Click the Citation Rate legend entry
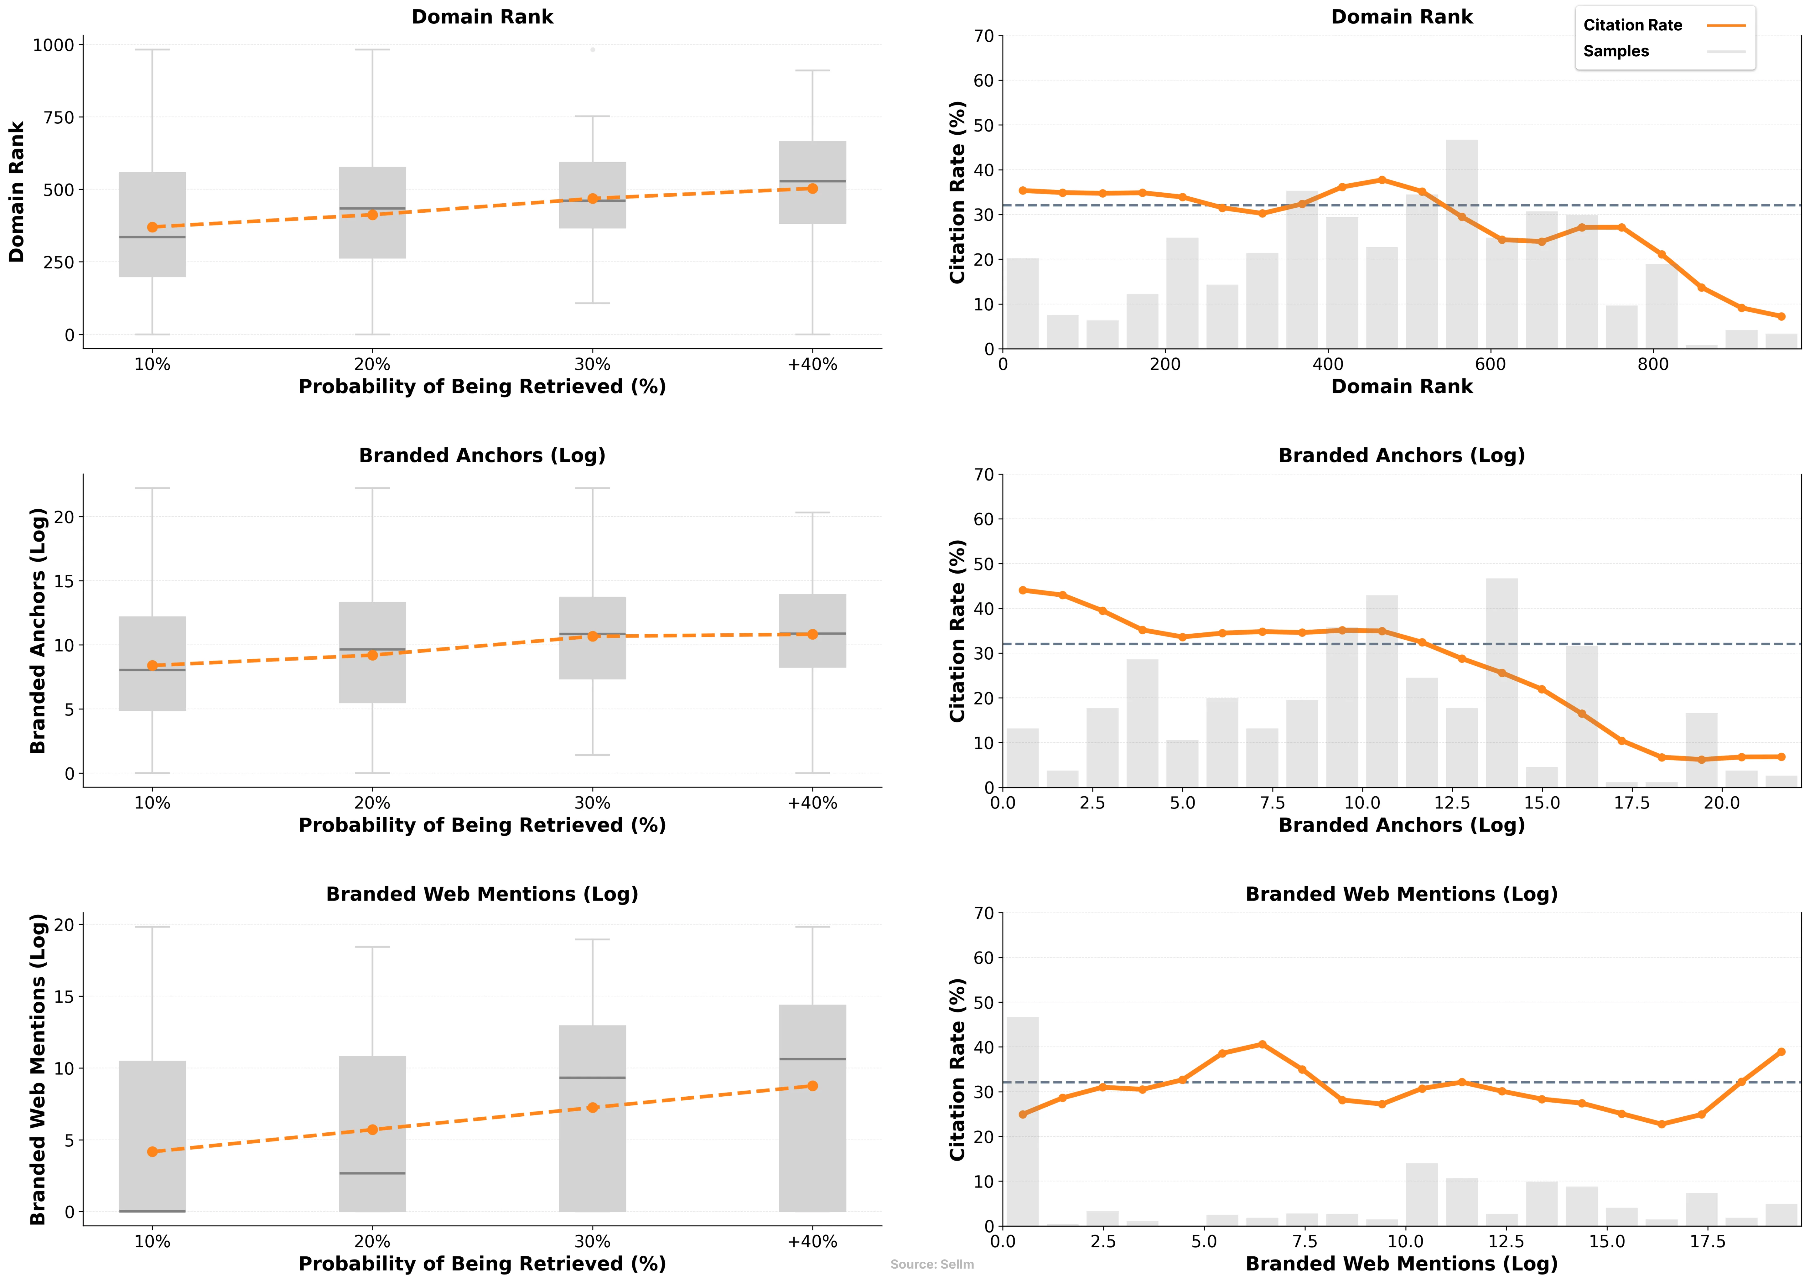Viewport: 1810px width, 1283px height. point(1632,25)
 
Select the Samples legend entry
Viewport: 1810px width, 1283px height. point(1616,51)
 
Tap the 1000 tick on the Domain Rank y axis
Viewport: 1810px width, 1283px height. point(53,45)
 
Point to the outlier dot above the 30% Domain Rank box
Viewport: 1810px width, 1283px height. point(593,50)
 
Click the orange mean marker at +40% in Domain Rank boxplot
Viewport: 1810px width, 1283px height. point(812,189)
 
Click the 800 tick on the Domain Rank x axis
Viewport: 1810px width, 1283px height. point(1653,364)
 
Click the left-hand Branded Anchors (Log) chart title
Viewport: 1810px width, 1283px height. point(482,456)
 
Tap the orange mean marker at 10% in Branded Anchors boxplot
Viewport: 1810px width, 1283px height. point(153,665)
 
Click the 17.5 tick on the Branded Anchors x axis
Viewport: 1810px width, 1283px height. point(1631,803)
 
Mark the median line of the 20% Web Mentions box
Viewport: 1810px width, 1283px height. point(372,1173)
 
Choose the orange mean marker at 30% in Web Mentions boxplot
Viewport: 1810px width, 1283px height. point(593,1108)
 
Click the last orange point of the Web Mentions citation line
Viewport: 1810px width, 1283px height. point(1781,1052)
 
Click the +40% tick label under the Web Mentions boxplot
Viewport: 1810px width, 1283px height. point(812,1241)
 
